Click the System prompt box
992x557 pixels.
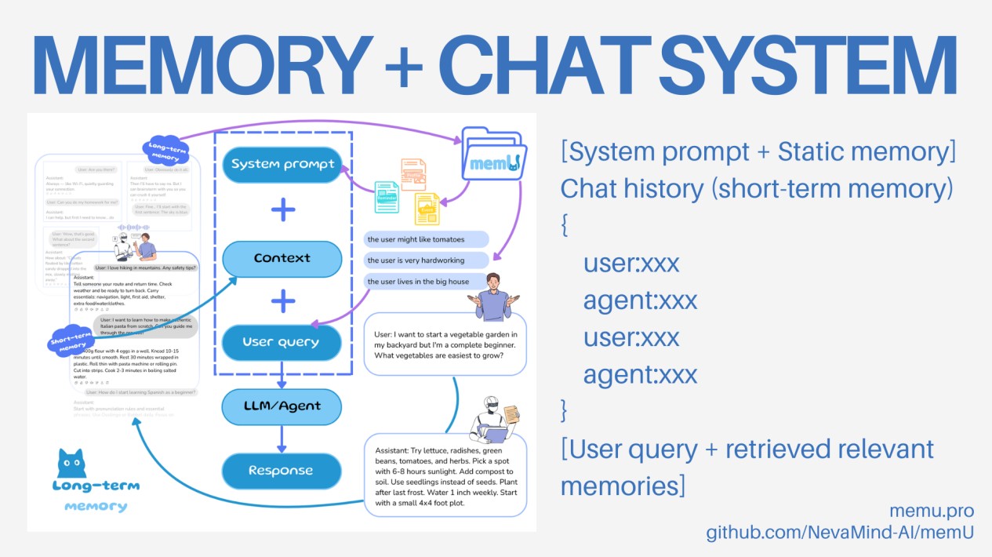[x=282, y=165]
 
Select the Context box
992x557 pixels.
[x=282, y=258]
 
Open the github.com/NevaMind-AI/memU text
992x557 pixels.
[x=840, y=533]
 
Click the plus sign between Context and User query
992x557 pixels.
[x=282, y=300]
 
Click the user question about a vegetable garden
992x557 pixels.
[x=445, y=344]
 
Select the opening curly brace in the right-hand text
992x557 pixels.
[x=565, y=228]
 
